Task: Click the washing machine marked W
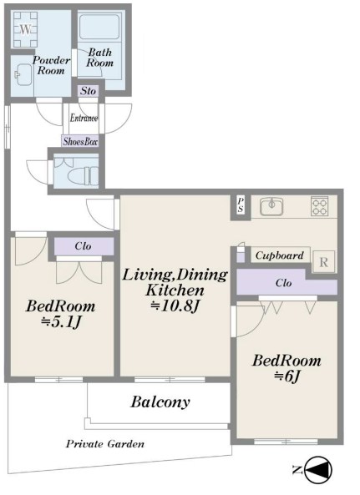tap(26, 29)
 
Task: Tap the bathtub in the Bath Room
tap(99, 28)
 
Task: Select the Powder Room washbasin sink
tap(23, 75)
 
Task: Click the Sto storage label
tap(88, 91)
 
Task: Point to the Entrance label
tap(84, 118)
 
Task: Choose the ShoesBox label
tap(80, 141)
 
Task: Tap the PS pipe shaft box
tap(241, 205)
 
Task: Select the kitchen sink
tap(271, 207)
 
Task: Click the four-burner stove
tap(320, 206)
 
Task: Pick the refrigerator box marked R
tap(323, 262)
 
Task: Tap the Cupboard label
tap(280, 255)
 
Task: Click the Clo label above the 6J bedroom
tap(283, 283)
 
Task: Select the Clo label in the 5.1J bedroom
tap(83, 246)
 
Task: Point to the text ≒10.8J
tap(175, 306)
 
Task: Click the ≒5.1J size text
tap(61, 321)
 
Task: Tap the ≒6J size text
tap(287, 376)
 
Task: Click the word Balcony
tap(160, 402)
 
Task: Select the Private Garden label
tap(105, 444)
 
